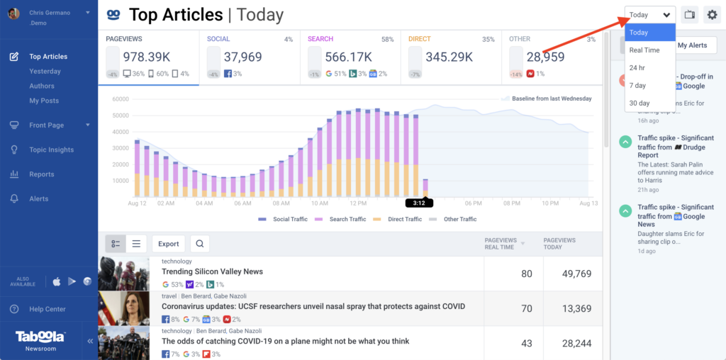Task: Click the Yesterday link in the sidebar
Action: point(45,71)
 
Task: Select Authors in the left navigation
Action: point(42,86)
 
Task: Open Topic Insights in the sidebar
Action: point(51,150)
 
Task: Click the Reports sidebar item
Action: point(41,174)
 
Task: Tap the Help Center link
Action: point(47,309)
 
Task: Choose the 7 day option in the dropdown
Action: point(637,85)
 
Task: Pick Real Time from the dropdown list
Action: point(644,50)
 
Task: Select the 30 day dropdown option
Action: point(639,103)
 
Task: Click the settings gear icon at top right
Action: point(711,15)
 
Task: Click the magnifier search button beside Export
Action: point(200,244)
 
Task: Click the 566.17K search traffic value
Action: point(349,57)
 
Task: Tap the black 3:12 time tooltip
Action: point(419,203)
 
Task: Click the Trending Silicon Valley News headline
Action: point(212,271)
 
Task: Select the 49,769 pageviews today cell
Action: point(562,274)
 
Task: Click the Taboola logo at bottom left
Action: point(41,337)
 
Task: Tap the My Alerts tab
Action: point(692,45)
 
